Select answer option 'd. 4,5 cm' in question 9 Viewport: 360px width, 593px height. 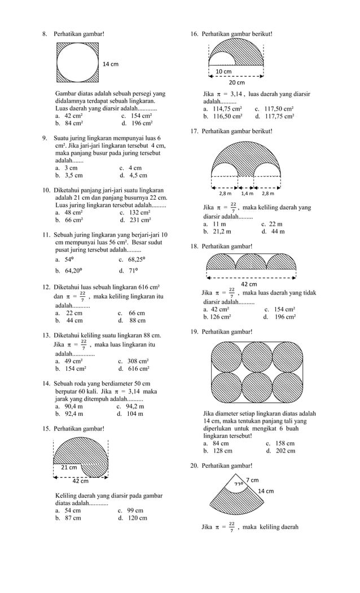coord(133,175)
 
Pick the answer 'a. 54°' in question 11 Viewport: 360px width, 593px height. coord(64,260)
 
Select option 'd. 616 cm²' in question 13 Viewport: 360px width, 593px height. coord(134,368)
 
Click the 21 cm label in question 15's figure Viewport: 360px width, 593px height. coord(68,468)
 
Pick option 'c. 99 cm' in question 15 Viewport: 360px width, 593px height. coord(130,510)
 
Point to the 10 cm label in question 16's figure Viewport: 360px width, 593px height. coord(223,72)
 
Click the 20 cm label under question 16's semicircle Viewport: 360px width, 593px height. coord(236,83)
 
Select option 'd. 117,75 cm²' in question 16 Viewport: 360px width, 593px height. coord(274,116)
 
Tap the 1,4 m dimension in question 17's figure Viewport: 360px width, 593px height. coord(247,194)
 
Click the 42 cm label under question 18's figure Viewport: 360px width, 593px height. coord(249,284)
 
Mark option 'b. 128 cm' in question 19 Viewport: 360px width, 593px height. coord(218,451)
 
